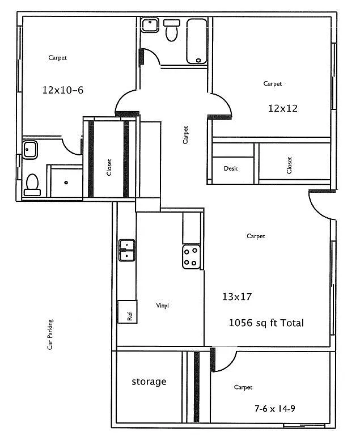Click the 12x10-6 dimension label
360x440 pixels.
tap(63, 90)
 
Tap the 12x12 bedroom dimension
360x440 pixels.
tap(283, 108)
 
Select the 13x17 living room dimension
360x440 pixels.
tap(236, 296)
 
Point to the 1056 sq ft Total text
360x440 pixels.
tap(266, 323)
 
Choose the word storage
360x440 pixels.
tap(149, 382)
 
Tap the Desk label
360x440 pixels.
tap(230, 168)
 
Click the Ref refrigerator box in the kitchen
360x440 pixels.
tap(128, 312)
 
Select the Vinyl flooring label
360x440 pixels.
tap(163, 306)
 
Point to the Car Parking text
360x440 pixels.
tap(50, 335)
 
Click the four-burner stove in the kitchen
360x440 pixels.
tap(191, 256)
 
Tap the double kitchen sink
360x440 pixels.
tap(127, 250)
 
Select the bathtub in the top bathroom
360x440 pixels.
tap(197, 41)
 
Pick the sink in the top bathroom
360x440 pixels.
tap(150, 26)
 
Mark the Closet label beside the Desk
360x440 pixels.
tap(289, 165)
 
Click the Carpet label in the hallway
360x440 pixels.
tap(185, 134)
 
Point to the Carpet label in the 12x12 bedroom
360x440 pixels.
tap(272, 83)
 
